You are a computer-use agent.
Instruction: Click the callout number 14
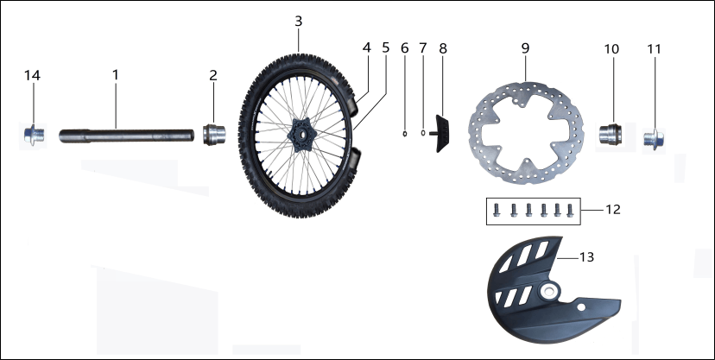tap(32, 75)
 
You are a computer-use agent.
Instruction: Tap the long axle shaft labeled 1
tap(127, 136)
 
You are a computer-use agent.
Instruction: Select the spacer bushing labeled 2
tap(214, 135)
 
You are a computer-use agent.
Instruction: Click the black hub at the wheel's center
tap(301, 136)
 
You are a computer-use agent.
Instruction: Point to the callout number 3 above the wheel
tap(298, 21)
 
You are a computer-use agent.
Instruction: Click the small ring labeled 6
tap(404, 134)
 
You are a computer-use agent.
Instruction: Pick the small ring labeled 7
tap(423, 133)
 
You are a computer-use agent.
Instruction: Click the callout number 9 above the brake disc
tap(525, 48)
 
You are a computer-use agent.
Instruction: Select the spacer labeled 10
tap(611, 135)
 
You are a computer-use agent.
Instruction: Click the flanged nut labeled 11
tap(654, 138)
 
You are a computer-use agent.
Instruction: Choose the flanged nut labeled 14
tap(35, 136)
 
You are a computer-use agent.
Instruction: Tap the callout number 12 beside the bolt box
tap(613, 210)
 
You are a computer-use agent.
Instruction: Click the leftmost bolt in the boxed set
tap(497, 210)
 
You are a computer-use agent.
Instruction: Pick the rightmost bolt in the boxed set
tap(570, 210)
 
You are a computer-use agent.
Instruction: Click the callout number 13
tap(586, 257)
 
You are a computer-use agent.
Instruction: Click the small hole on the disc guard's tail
tap(580, 307)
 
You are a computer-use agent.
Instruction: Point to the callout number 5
tap(386, 47)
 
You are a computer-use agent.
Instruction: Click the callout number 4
tap(367, 47)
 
